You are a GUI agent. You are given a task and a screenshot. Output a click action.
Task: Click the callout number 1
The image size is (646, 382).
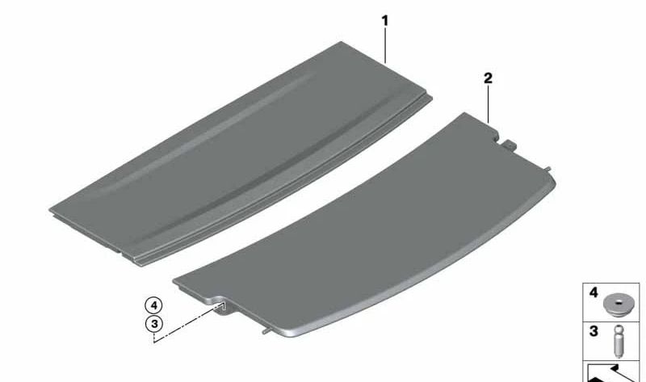point(385,17)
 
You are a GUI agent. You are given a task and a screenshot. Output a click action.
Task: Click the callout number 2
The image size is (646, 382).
point(488,78)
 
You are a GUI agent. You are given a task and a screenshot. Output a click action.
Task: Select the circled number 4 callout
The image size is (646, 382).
point(153,305)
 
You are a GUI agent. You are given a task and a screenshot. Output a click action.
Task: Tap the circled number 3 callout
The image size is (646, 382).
point(153,324)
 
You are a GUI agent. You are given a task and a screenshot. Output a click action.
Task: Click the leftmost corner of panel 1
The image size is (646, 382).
point(51,211)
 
